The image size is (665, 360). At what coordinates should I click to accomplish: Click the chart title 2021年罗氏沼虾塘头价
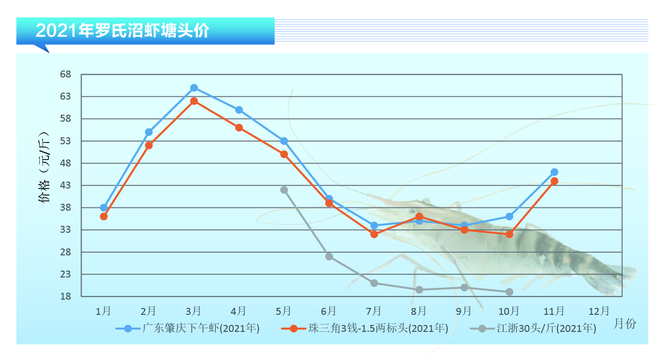(x=122, y=31)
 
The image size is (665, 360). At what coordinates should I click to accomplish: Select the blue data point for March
(x=194, y=88)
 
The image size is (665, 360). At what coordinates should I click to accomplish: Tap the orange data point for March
(x=194, y=101)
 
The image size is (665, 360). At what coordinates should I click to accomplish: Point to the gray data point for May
(x=284, y=190)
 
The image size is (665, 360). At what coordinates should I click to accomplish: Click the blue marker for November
(x=554, y=172)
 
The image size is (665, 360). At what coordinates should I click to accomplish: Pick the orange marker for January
(x=104, y=216)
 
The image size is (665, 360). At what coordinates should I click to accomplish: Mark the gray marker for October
(x=509, y=292)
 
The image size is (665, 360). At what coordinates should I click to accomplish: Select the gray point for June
(x=329, y=256)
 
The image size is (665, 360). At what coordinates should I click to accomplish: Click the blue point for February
(x=149, y=132)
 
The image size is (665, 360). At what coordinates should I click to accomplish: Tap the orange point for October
(x=509, y=234)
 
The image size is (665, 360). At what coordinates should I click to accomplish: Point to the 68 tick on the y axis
(x=65, y=75)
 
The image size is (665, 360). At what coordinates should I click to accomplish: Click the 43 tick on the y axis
(x=65, y=185)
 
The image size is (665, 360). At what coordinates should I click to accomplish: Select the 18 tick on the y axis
(x=65, y=296)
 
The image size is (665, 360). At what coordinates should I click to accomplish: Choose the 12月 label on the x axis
(x=599, y=311)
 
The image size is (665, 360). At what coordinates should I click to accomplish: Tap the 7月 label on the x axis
(x=374, y=311)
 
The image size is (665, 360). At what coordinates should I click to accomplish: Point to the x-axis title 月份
(x=625, y=324)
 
